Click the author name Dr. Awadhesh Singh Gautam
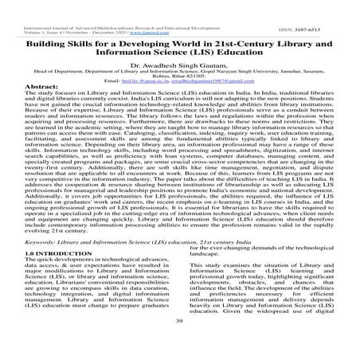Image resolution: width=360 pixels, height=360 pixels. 179,68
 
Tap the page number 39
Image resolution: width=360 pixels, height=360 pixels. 179,343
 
